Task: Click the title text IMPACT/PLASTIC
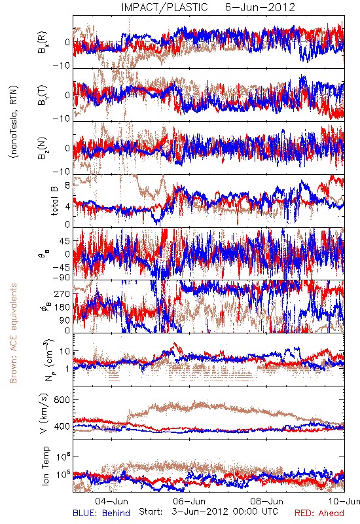point(164,7)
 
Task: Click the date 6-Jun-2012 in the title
point(260,7)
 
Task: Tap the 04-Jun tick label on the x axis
point(111,501)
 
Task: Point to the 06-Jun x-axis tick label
point(189,501)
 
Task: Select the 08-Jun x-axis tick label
point(267,501)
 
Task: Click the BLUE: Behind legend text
point(101,513)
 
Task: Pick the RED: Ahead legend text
point(319,513)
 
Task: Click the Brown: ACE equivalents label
point(13,333)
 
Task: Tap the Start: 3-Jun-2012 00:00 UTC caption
point(208,512)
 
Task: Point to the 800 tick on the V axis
point(62,400)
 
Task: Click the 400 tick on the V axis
point(62,426)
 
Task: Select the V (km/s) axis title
point(45,413)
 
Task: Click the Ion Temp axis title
point(45,466)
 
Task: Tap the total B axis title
point(54,200)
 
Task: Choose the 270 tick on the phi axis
point(63,293)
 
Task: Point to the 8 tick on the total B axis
point(67,185)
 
